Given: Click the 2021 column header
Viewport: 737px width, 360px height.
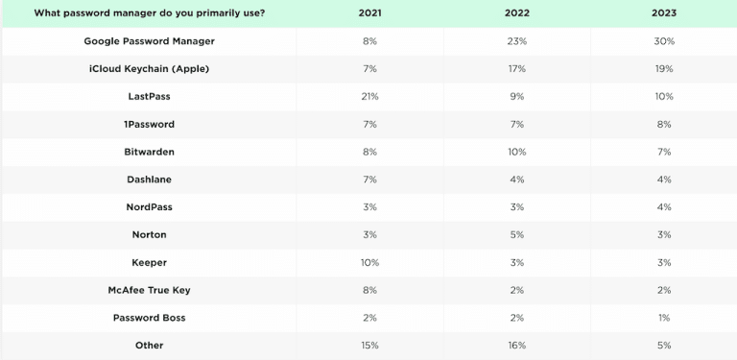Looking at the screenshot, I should click(x=369, y=13).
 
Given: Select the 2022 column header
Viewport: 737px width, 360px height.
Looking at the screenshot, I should click(x=516, y=13).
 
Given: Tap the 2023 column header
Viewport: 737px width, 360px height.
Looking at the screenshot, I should click(x=663, y=13).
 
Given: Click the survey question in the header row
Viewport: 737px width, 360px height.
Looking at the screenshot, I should click(x=149, y=13).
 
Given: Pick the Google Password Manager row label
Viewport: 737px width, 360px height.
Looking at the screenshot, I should click(x=149, y=41).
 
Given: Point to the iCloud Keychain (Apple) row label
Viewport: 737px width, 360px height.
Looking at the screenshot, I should click(x=149, y=69).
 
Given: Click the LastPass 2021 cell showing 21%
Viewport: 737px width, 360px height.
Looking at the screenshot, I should click(x=369, y=97).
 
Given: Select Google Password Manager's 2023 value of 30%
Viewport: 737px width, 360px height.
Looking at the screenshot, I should click(x=663, y=41).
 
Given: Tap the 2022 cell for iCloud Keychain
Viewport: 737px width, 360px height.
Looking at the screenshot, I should click(x=516, y=69).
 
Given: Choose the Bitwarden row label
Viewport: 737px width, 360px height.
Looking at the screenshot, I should click(x=149, y=152).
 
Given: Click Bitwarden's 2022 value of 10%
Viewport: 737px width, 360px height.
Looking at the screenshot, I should click(x=516, y=152).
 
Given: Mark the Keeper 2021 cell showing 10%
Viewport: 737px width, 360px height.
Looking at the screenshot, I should click(x=369, y=262).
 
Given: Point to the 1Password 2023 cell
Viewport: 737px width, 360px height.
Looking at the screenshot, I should click(x=663, y=125).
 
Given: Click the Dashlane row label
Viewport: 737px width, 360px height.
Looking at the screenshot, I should click(x=149, y=180).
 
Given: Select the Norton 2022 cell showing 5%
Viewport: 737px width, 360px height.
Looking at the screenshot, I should click(x=516, y=234).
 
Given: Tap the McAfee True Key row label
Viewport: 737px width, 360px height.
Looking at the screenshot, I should click(x=149, y=290).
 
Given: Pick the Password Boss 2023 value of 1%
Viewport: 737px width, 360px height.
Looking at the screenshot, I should click(x=663, y=318).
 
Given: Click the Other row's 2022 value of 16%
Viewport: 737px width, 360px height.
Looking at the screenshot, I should click(x=516, y=345).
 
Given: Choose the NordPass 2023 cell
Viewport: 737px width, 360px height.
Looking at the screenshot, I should click(x=663, y=207).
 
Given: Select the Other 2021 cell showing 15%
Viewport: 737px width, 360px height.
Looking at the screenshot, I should click(x=369, y=345).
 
